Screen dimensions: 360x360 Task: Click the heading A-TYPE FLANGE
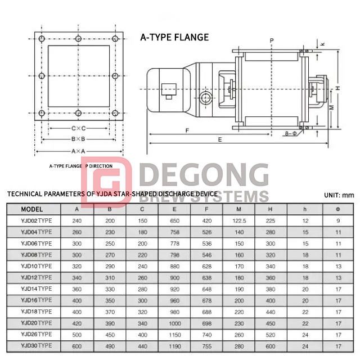tap(174, 38)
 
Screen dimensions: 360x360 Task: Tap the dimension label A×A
tap(78, 151)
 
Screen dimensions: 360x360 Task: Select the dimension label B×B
tap(78, 139)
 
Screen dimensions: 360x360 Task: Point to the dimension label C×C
tap(78, 128)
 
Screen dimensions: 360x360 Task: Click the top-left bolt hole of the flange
tap(43, 38)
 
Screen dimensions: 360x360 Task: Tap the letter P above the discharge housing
tap(271, 40)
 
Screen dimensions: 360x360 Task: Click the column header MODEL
tap(31, 209)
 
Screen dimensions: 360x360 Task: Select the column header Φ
tap(338, 209)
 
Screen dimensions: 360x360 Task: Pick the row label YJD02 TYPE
tap(36, 220)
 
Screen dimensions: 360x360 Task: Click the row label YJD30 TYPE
tap(36, 345)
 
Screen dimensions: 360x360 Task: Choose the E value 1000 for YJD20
tap(175, 323)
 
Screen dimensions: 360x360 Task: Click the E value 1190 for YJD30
tap(175, 345)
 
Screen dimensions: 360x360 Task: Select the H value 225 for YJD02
tap(271, 220)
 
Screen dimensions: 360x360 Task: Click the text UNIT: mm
tap(340, 195)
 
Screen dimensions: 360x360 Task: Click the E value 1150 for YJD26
tap(175, 334)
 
